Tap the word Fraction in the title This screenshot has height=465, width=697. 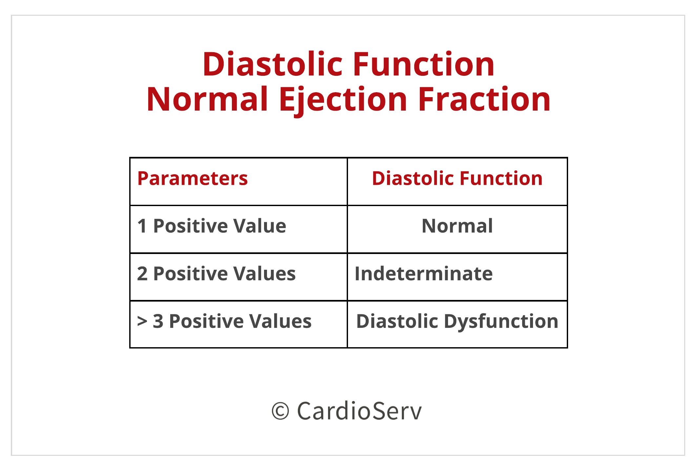[x=484, y=99]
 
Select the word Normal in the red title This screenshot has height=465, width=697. [x=207, y=99]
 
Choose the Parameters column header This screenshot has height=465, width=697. [x=193, y=179]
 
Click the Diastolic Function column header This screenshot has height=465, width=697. [x=457, y=179]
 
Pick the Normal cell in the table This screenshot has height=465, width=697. [x=457, y=226]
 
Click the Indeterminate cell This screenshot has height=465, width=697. [x=423, y=273]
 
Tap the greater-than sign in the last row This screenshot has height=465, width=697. [x=142, y=321]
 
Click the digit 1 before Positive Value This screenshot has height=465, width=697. [x=142, y=226]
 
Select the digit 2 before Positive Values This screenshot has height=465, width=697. [x=142, y=273]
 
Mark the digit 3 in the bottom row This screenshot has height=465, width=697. [x=158, y=321]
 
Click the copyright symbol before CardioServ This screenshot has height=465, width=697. [x=280, y=411]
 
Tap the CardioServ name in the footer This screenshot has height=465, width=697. [x=359, y=411]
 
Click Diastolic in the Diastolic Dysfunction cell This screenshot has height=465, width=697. [x=397, y=321]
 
